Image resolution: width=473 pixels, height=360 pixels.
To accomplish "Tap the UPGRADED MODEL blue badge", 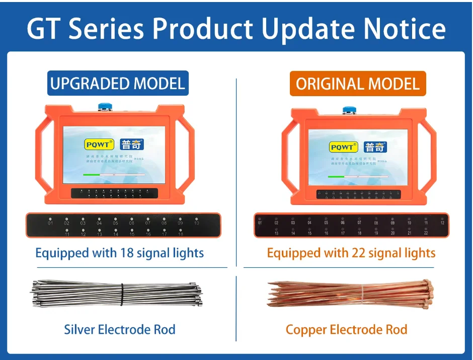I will coord(118,83).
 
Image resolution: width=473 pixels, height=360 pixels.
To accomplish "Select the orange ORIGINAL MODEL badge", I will coord(358,84).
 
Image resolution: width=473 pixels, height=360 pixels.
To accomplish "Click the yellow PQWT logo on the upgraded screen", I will coord(99,145).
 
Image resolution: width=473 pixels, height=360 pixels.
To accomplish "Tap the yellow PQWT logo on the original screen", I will coord(343,147).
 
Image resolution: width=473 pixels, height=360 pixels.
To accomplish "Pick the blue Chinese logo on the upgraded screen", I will coord(132,145).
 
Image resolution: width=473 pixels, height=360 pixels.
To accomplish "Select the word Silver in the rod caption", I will coord(79,330).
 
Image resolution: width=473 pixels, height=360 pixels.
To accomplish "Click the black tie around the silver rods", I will coord(121,295).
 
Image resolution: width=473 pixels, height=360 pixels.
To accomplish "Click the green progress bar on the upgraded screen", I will coord(92,175).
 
